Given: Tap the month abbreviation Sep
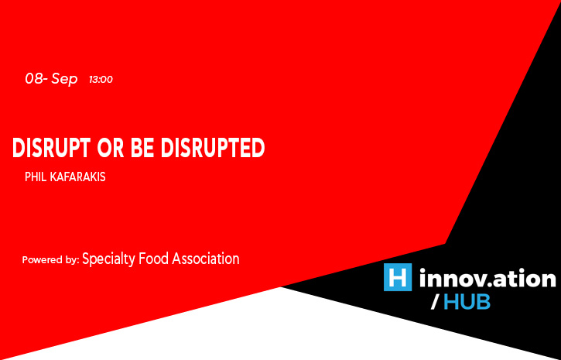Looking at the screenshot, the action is pyautogui.click(x=64, y=80).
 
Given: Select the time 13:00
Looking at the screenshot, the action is pyautogui.click(x=101, y=80).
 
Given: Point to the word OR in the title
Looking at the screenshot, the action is pyautogui.click(x=111, y=148).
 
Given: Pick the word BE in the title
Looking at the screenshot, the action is pyautogui.click(x=142, y=148).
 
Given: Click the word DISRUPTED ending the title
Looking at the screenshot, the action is pyautogui.click(x=213, y=148).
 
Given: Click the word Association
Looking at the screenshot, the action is pyautogui.click(x=206, y=259).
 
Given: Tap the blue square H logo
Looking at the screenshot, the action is pyautogui.click(x=398, y=277).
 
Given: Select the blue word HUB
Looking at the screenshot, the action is pyautogui.click(x=467, y=303).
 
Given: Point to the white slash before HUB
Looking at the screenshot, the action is pyautogui.click(x=435, y=303).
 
